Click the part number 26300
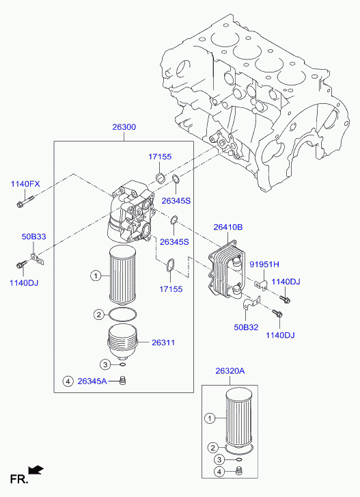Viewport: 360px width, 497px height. [124, 127]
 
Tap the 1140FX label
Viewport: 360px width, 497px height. [25, 184]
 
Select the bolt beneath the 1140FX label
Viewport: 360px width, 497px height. [25, 202]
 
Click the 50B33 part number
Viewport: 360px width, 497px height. [33, 237]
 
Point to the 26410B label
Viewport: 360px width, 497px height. [228, 227]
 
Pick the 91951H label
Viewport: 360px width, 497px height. [264, 265]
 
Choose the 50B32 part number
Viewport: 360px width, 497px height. [246, 327]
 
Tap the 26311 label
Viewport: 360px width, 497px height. [163, 342]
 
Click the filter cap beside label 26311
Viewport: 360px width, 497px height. [123, 342]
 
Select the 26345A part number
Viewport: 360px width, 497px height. [92, 381]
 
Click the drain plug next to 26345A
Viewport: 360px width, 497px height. [122, 379]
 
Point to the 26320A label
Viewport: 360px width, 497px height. [230, 371]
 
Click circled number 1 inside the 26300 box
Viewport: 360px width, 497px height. [96, 276]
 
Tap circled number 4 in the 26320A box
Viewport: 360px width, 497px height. [219, 471]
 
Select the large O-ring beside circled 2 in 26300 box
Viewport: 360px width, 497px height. [123, 314]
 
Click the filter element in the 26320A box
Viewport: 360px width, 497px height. [238, 418]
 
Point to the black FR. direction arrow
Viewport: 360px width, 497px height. [36, 470]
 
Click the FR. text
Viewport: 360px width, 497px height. [19, 479]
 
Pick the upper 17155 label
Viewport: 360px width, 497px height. [161, 157]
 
